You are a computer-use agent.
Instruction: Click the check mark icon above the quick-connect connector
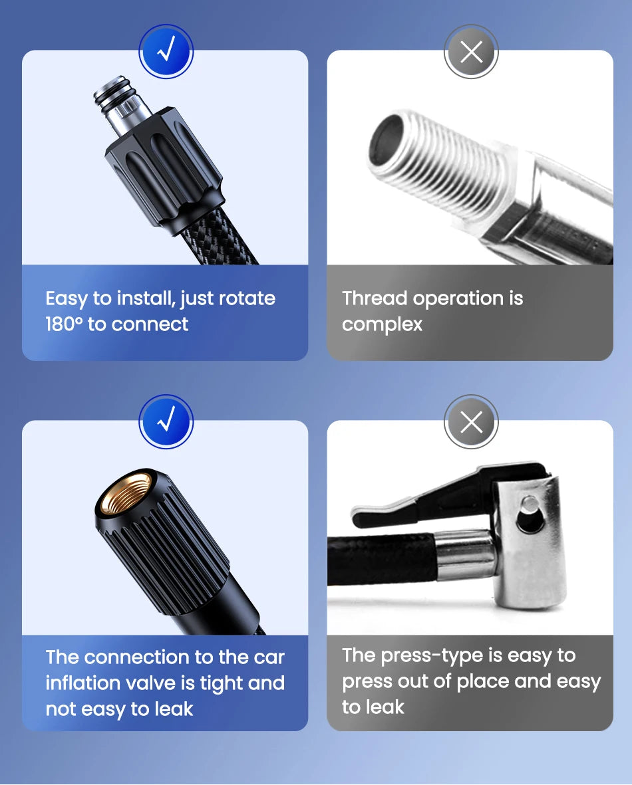166,52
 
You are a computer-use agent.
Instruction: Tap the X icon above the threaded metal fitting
471,52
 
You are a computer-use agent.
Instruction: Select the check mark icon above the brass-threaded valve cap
166,421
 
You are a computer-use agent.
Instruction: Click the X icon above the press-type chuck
471,421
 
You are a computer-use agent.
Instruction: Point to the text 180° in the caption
63,324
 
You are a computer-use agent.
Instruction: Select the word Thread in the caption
375,298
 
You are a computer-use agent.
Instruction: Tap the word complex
382,324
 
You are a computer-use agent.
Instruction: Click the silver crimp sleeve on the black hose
466,555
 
